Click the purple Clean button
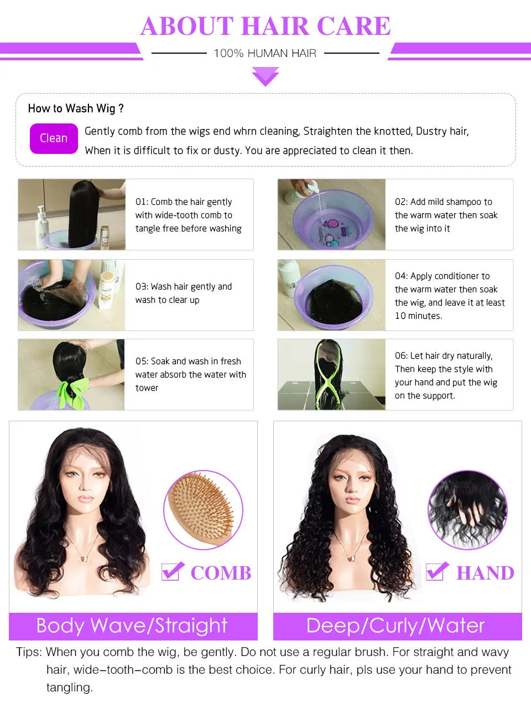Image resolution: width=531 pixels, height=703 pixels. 54,138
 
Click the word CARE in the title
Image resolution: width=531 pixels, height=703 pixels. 353,26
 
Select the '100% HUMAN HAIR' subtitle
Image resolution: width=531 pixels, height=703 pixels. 265,54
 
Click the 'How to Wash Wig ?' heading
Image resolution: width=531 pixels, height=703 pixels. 76,108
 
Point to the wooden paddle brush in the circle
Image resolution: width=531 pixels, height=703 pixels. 202,509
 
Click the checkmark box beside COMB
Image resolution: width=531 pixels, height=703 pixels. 172,571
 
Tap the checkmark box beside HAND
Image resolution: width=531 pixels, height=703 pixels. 436,571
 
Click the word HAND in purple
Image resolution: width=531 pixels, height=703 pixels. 485,573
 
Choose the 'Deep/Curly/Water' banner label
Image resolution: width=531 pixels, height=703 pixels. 395,626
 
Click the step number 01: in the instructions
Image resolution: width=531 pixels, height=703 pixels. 142,202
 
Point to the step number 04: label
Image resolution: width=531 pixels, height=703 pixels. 402,276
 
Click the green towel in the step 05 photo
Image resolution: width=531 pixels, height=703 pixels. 72,390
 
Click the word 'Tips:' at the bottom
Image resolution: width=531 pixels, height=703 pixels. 29,652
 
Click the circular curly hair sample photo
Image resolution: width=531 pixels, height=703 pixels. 467,510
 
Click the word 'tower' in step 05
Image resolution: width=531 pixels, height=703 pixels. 147,388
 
